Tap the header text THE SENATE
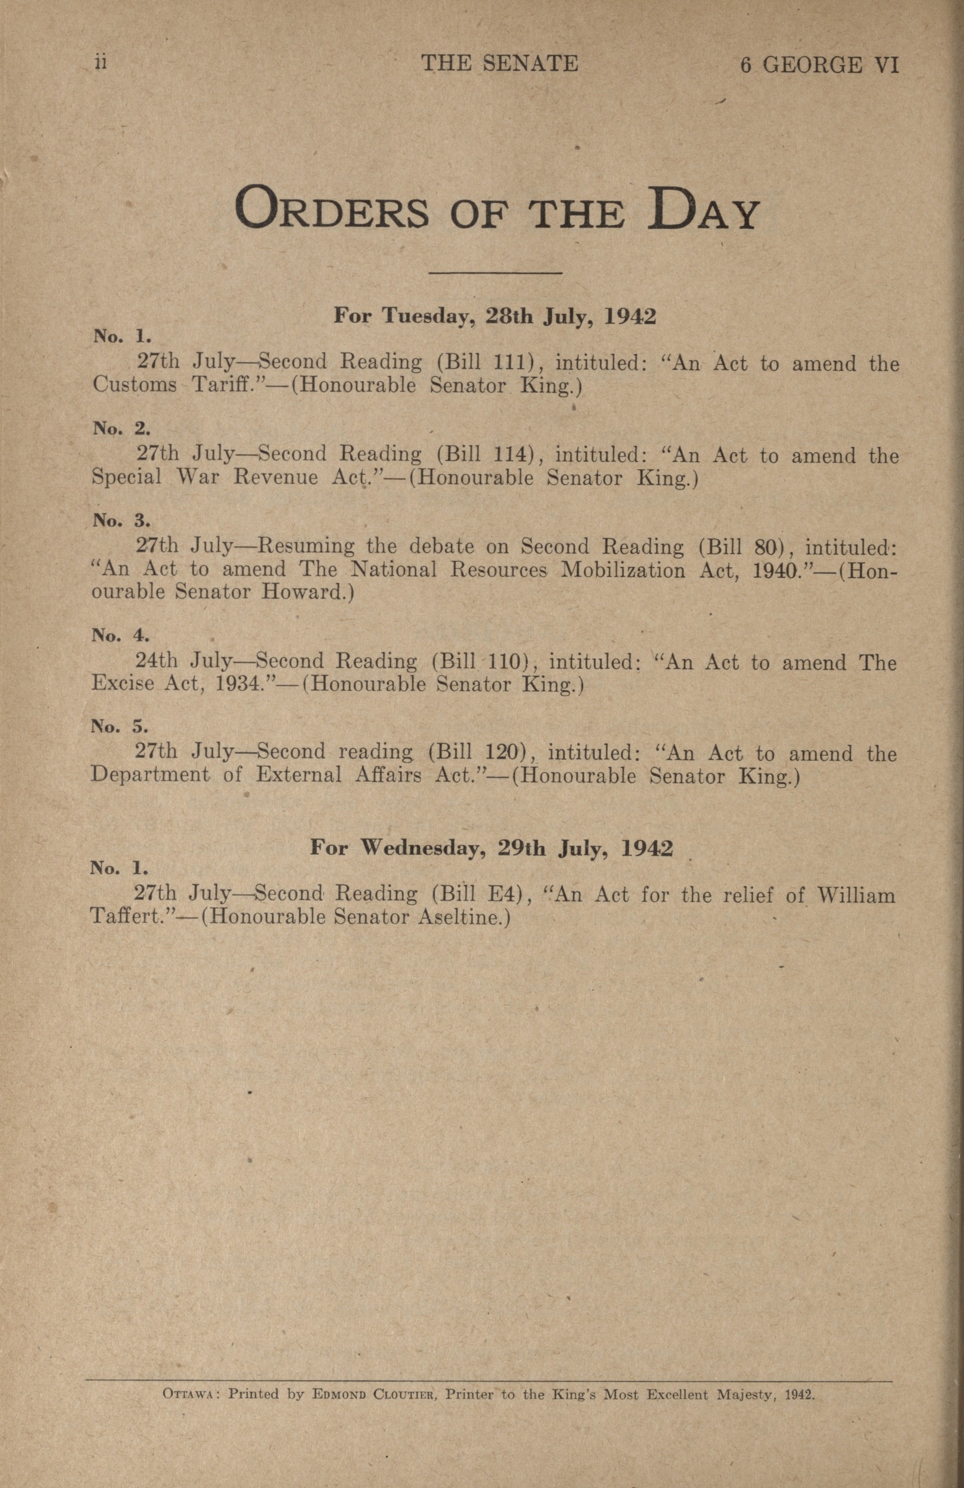point(500,63)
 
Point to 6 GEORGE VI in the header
point(819,65)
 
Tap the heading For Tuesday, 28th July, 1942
point(495,316)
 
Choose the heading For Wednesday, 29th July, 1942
point(492,848)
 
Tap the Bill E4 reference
point(481,894)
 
